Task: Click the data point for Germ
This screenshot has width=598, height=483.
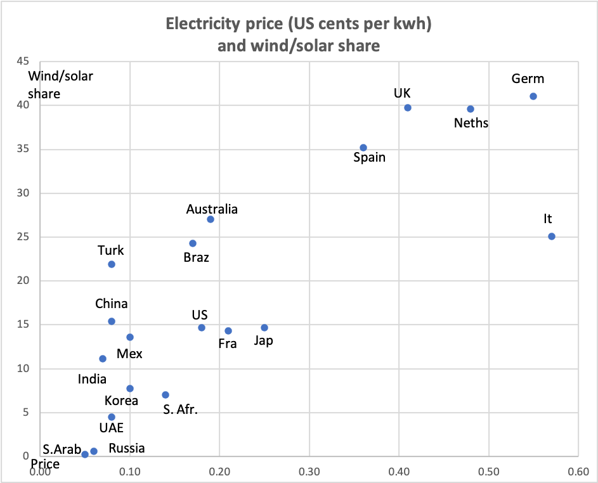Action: point(533,96)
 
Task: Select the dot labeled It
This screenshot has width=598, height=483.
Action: point(552,236)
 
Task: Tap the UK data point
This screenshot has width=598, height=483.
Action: point(408,108)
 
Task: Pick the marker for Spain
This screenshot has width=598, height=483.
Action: point(363,148)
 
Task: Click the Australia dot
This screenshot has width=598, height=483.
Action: point(211,219)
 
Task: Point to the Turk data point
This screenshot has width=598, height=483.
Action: point(112,264)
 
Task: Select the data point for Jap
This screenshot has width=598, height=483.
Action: point(264,328)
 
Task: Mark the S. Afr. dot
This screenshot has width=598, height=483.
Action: point(166,395)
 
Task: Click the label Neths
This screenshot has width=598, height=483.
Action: point(471,123)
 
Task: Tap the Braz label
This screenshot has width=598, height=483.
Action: point(197,258)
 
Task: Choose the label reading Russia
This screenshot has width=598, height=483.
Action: point(127,449)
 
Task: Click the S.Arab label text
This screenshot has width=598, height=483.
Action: point(61,450)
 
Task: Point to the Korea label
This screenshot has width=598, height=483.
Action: point(122,401)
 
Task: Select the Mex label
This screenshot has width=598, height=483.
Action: point(129,354)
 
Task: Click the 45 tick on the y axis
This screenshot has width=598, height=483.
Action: point(23,61)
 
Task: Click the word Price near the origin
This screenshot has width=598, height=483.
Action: point(45,464)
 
